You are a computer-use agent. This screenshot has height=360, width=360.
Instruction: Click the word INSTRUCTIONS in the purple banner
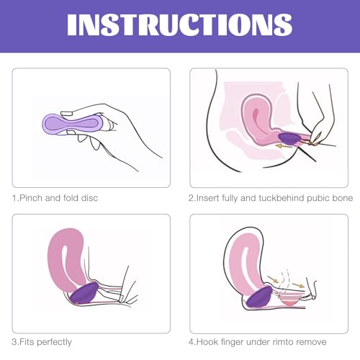179,23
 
